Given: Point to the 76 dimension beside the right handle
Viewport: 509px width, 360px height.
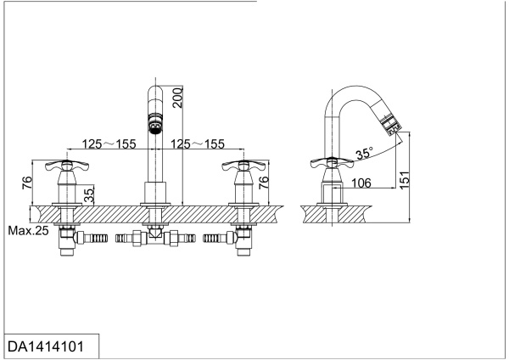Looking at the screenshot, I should pyautogui.click(x=264, y=181).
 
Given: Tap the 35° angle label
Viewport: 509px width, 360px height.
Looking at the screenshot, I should pyautogui.click(x=365, y=155).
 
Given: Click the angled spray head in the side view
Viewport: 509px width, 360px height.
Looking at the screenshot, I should pyautogui.click(x=391, y=128).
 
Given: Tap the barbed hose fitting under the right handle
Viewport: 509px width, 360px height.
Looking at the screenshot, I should pyautogui.click(x=215, y=239).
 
